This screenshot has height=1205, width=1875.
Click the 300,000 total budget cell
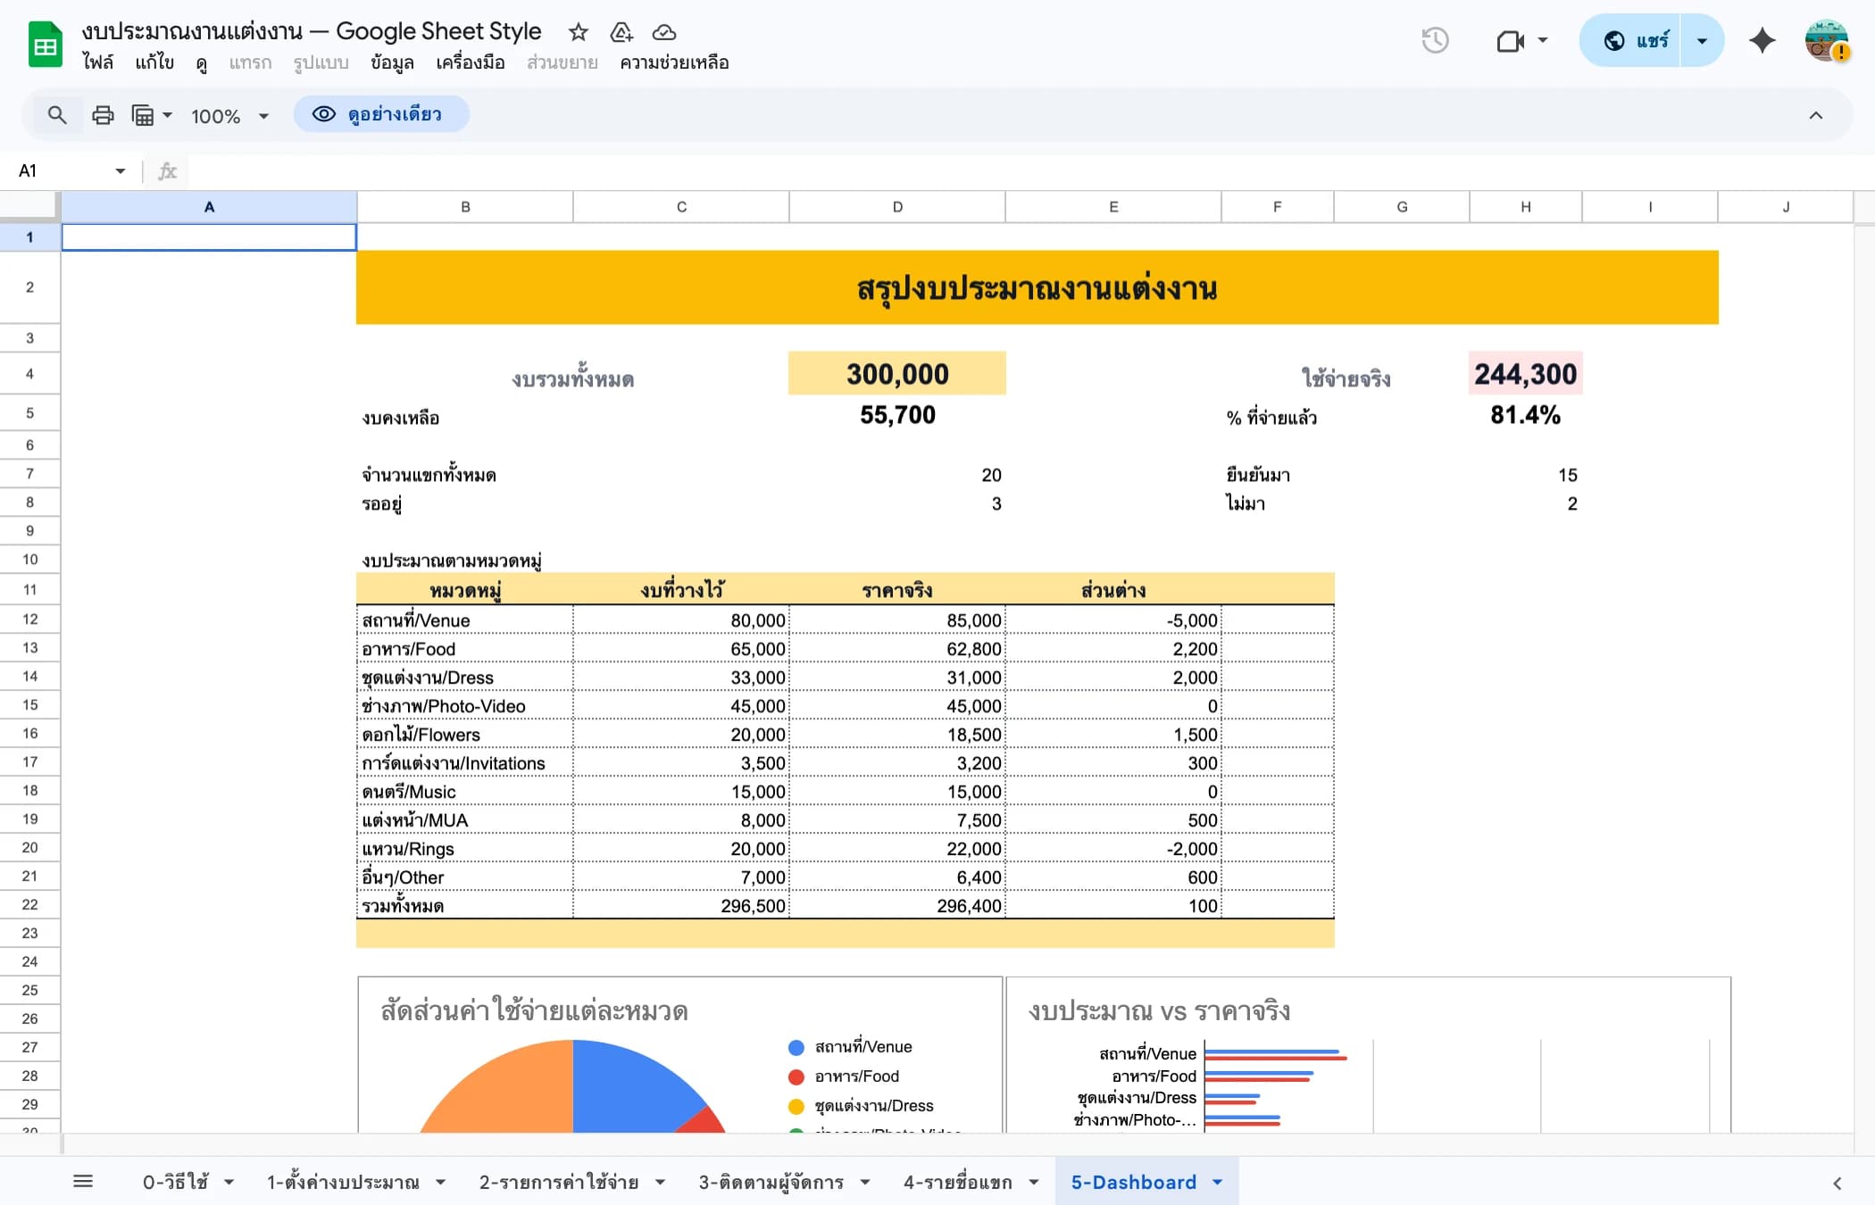[x=896, y=374]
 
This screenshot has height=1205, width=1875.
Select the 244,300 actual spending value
[x=1525, y=374]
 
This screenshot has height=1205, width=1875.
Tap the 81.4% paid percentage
[x=1525, y=415]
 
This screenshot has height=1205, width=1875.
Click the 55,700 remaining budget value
[x=897, y=415]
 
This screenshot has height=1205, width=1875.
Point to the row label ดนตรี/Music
[x=409, y=792]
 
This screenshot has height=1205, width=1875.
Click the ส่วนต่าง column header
[x=1113, y=590]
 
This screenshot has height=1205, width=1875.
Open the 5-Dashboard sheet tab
[x=1133, y=1182]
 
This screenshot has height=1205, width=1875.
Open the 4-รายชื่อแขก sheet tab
[x=957, y=1182]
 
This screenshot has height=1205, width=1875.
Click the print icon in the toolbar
[x=103, y=115]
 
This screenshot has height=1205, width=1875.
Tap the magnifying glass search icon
[x=57, y=115]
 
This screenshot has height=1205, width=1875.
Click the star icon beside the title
[x=579, y=33]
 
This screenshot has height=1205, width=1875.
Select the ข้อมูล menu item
[x=392, y=62]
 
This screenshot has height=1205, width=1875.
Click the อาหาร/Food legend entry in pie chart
[x=855, y=1076]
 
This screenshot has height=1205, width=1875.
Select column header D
[x=897, y=207]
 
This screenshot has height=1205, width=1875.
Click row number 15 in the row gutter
[x=30, y=705]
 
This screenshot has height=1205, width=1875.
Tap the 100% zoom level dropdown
[x=229, y=116]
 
